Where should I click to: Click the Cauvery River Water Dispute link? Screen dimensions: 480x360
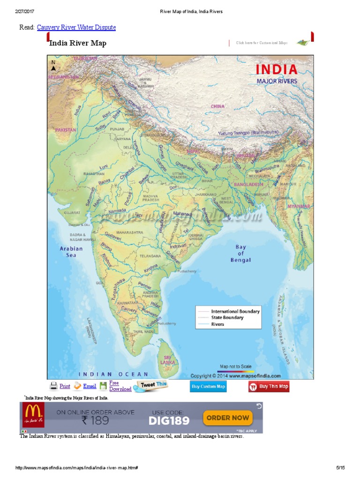(x=76, y=28)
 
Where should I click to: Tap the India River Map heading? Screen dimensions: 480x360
(x=78, y=43)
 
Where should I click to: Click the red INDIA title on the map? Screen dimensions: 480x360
(x=276, y=70)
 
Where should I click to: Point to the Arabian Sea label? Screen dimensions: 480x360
(x=71, y=252)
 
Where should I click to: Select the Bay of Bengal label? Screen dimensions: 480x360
(x=240, y=253)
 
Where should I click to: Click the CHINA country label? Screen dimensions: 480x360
(x=217, y=106)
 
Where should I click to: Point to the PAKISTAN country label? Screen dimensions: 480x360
(x=65, y=129)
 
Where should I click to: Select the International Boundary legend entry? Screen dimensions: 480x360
(x=235, y=311)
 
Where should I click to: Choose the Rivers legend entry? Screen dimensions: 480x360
(x=217, y=324)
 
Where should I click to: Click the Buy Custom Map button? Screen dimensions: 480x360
(x=208, y=387)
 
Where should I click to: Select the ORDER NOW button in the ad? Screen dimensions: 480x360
(x=227, y=418)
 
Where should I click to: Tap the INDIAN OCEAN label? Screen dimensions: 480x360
(x=113, y=374)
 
